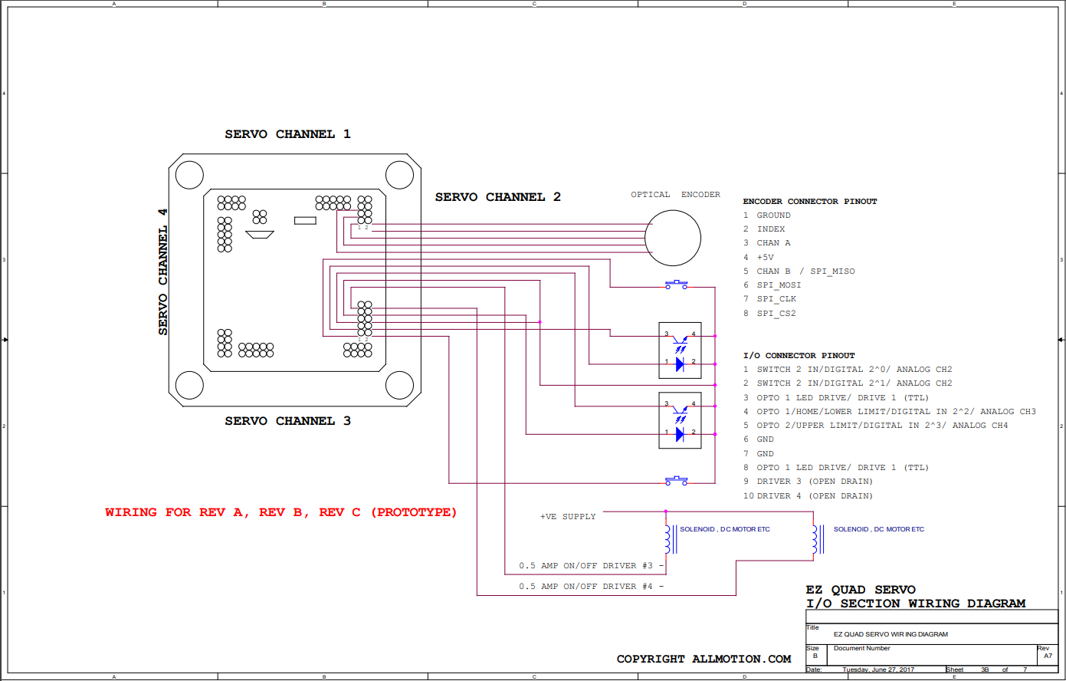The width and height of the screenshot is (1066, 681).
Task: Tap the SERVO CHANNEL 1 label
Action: click(287, 134)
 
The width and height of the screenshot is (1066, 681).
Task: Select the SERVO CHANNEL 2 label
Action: click(498, 197)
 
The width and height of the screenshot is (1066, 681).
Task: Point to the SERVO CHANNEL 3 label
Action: click(287, 421)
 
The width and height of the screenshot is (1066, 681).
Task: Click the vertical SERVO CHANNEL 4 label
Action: click(162, 272)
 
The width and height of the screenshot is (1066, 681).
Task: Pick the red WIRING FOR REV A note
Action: click(280, 512)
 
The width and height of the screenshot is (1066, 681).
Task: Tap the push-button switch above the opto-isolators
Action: click(676, 285)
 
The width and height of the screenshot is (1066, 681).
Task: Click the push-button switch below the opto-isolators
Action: click(676, 481)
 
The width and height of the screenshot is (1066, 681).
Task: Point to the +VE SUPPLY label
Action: click(568, 517)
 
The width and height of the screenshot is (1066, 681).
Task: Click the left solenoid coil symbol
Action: click(670, 539)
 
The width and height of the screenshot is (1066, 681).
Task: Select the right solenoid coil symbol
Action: click(818, 539)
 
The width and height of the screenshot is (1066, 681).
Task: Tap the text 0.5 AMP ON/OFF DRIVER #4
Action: click(585, 586)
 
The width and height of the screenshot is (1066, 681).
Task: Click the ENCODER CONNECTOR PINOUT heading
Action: click(810, 202)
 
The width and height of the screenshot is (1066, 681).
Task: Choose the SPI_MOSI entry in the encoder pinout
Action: click(779, 285)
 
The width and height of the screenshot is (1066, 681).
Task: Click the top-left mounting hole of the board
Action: click(189, 175)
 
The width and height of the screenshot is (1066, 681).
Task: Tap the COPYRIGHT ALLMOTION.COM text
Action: click(704, 659)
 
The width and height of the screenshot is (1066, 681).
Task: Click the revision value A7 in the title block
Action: click(1048, 656)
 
